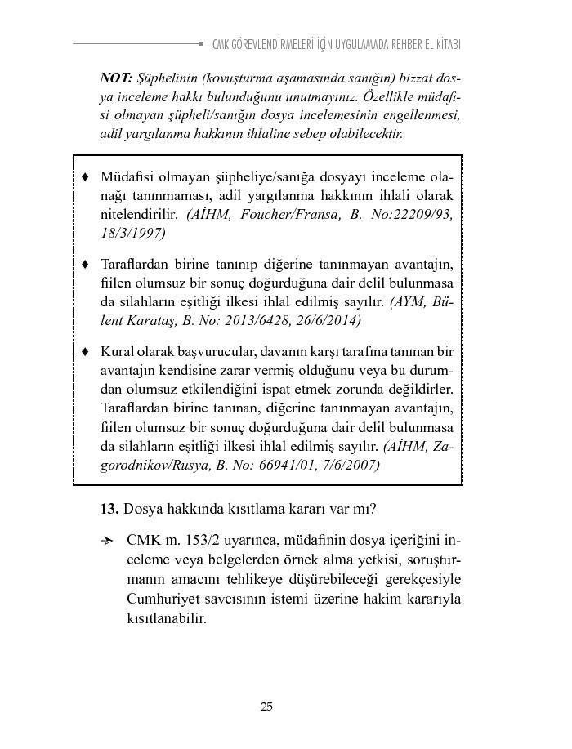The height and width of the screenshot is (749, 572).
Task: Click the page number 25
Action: (x=266, y=707)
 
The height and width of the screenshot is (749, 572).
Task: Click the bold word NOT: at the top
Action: (x=117, y=78)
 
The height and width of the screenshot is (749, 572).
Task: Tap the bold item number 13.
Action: (x=109, y=509)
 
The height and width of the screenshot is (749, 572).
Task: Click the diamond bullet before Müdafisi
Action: (x=86, y=177)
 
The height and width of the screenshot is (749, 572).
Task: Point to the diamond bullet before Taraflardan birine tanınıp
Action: (x=86, y=265)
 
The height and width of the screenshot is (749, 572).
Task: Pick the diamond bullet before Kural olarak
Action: (x=86, y=352)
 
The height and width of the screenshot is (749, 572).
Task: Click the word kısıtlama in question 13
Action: (x=244, y=509)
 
